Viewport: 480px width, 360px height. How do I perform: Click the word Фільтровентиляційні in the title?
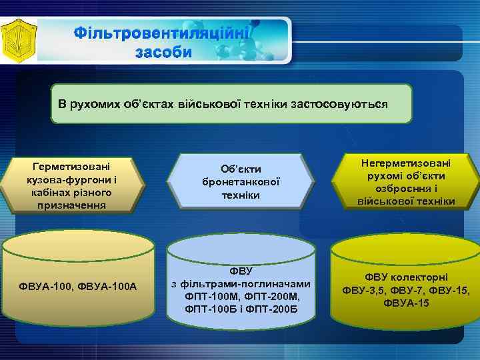pyautogui.click(x=162, y=33)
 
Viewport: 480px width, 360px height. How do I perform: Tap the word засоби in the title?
pyautogui.click(x=162, y=52)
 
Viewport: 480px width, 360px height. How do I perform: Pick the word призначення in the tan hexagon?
pyautogui.click(x=73, y=205)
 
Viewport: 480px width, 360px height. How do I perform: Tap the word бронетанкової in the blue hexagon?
pyautogui.click(x=240, y=182)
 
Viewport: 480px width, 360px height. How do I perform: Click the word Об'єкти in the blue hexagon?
pyautogui.click(x=240, y=169)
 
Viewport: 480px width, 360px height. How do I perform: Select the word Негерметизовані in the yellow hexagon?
pyautogui.click(x=406, y=163)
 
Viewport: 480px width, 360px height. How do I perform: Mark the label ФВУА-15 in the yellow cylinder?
pyautogui.click(x=406, y=303)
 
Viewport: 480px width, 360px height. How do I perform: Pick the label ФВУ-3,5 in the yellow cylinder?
pyautogui.click(x=365, y=290)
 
